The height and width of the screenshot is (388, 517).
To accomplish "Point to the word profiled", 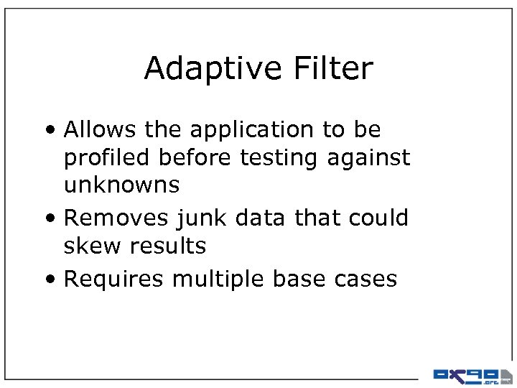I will (x=106, y=158).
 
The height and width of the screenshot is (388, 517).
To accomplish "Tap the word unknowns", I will (x=121, y=185).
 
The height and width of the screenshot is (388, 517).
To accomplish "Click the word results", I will (x=168, y=246).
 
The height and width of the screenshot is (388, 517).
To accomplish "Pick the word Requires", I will (x=113, y=279).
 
